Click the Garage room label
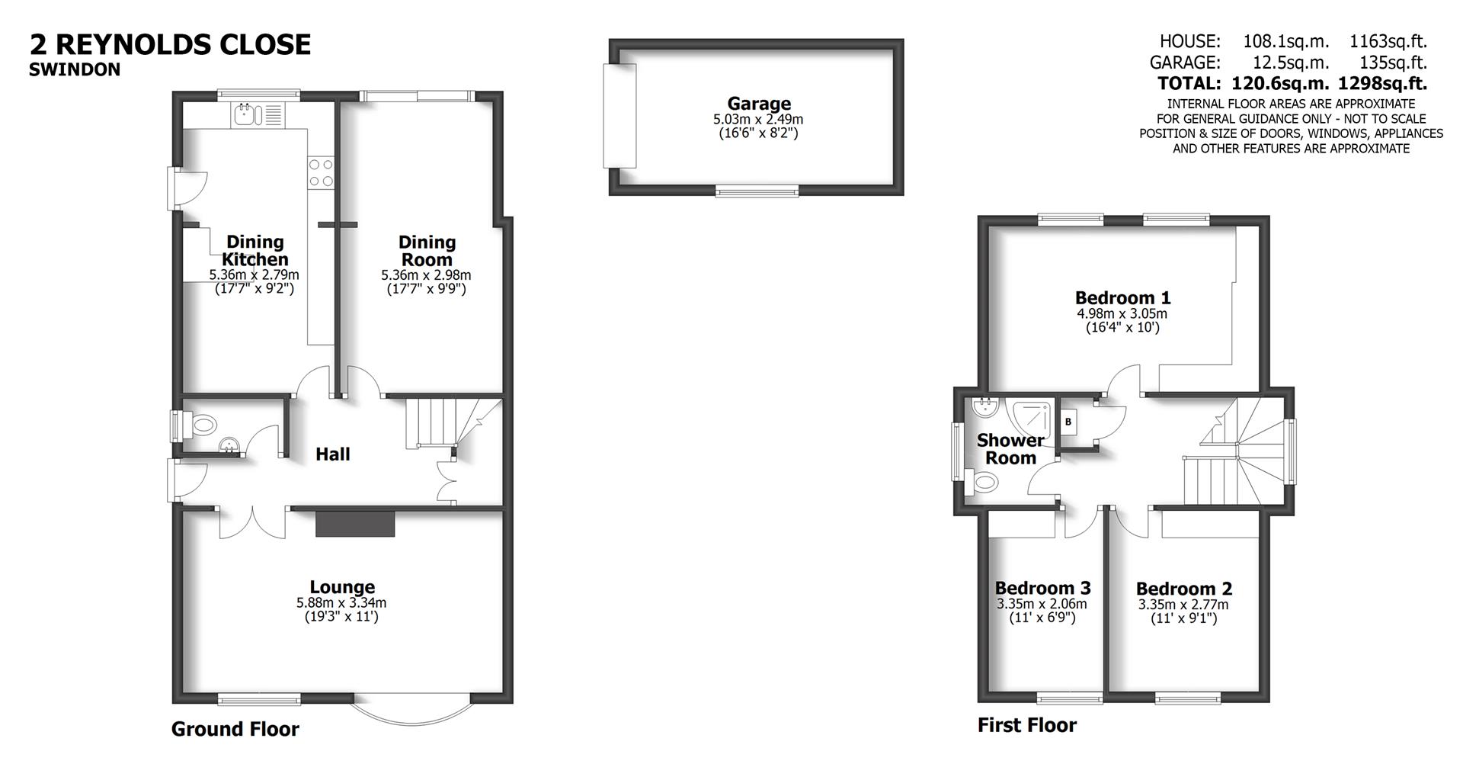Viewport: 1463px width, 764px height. (x=758, y=104)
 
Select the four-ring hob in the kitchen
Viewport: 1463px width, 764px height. (x=321, y=172)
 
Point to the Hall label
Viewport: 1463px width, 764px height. (x=333, y=454)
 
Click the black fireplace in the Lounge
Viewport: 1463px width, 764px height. (x=356, y=525)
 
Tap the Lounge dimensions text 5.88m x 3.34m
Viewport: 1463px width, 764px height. (x=341, y=602)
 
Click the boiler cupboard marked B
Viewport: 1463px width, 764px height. (x=1068, y=422)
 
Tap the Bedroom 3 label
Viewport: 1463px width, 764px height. (x=1042, y=588)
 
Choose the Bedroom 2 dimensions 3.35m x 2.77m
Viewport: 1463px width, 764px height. (x=1183, y=605)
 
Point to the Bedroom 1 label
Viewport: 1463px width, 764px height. (x=1122, y=297)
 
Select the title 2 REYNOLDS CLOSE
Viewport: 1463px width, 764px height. (x=170, y=44)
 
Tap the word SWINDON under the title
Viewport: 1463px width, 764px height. (x=75, y=70)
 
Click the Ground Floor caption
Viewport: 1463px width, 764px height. (x=235, y=730)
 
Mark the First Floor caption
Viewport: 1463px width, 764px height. (x=1027, y=725)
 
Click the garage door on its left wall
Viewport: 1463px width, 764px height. (x=619, y=116)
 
